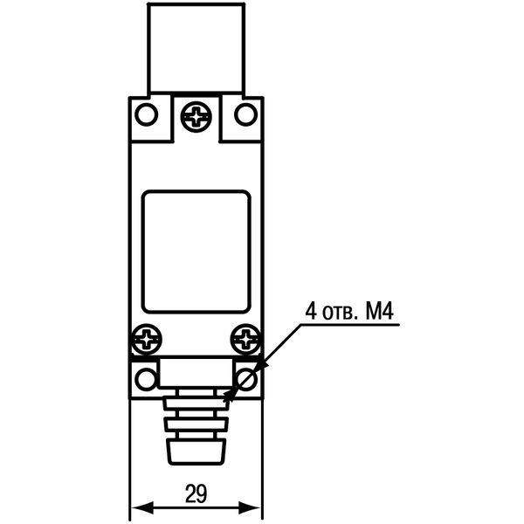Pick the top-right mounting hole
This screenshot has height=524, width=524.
pyautogui.click(x=246, y=114)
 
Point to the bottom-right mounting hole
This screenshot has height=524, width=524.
pyautogui.click(x=246, y=378)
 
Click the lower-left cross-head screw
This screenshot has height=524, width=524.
pyautogui.click(x=146, y=338)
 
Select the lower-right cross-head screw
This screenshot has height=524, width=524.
pyautogui.click(x=247, y=338)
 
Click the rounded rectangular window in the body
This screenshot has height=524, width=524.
pyautogui.click(x=196, y=252)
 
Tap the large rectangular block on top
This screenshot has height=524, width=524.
pyautogui.click(x=196, y=49)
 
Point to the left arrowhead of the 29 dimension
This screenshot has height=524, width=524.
pyautogui.click(x=138, y=507)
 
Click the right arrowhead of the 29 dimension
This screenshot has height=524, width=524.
pyautogui.click(x=255, y=507)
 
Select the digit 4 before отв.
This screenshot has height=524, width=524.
pyautogui.click(x=309, y=311)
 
